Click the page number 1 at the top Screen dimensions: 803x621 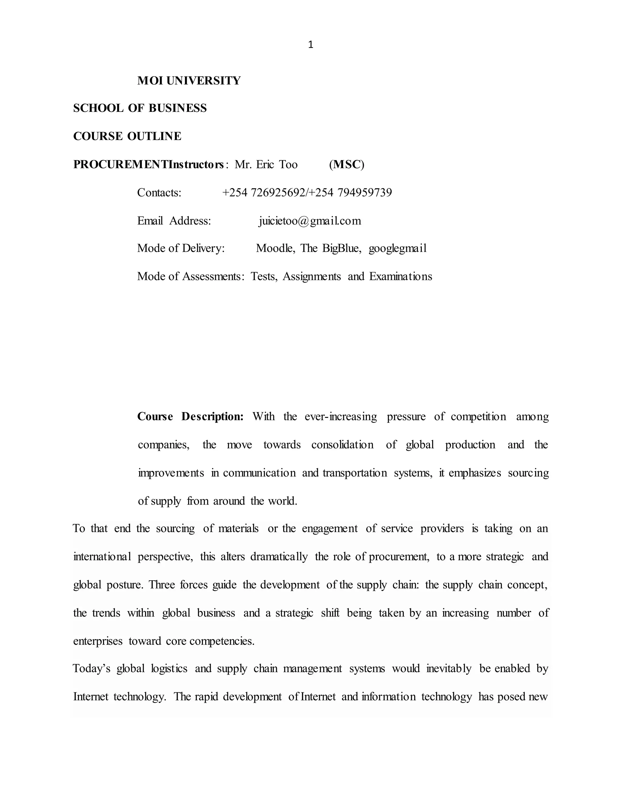tap(310, 45)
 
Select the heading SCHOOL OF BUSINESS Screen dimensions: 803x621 tap(140, 108)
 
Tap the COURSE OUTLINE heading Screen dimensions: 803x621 tap(127, 136)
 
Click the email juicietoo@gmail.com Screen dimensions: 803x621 tap(310, 221)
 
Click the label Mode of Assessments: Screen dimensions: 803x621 tap(190, 276)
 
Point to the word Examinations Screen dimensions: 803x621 tap(401, 276)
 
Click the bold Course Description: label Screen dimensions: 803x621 tap(190, 417)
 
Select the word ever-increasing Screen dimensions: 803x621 tap(341, 417)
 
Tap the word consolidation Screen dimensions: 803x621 tap(342, 445)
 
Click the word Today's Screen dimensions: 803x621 tap(92, 668)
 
